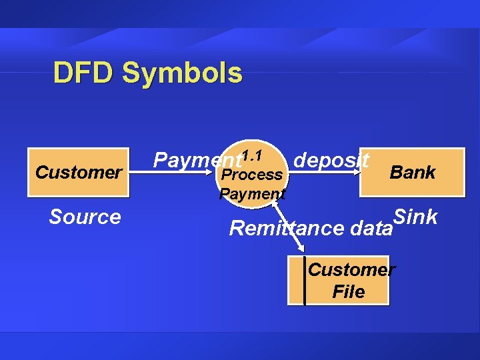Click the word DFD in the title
click(x=84, y=73)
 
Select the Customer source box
click(x=78, y=172)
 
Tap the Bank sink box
click(x=412, y=172)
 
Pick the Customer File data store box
click(x=339, y=281)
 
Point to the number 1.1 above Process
click(x=251, y=156)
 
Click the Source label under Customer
click(x=85, y=217)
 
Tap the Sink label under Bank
click(x=415, y=217)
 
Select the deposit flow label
click(x=331, y=161)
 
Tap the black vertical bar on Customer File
click(x=305, y=281)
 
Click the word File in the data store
click(x=348, y=292)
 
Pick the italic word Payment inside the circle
click(x=252, y=194)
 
